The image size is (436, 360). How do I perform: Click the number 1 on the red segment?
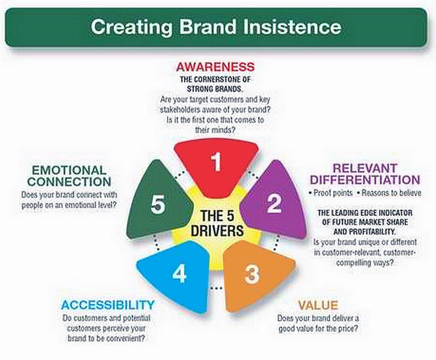(x=216, y=162)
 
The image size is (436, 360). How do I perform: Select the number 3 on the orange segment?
(x=252, y=274)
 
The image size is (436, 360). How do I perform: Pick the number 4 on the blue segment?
(x=179, y=274)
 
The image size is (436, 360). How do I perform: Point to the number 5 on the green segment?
(x=157, y=205)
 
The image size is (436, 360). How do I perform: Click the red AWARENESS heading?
(x=215, y=67)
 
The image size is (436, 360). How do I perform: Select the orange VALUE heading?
(x=318, y=305)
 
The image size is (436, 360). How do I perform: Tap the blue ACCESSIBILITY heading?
(x=108, y=305)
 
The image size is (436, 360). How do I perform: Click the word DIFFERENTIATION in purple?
(x=365, y=179)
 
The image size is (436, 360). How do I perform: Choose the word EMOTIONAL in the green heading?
(x=67, y=170)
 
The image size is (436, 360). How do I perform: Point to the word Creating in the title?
(x=128, y=27)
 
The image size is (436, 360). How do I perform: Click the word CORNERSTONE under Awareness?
(x=226, y=79)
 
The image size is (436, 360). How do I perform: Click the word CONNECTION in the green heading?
(x=70, y=183)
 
